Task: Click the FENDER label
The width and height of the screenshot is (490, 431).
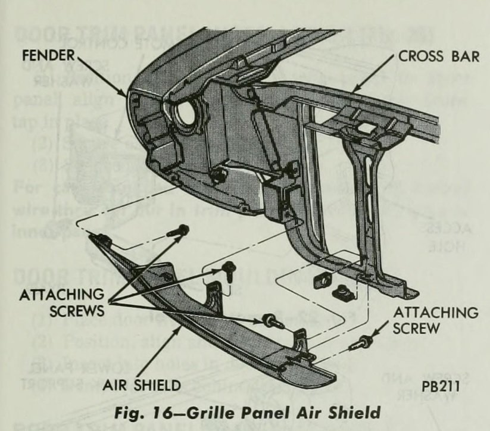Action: [49, 56]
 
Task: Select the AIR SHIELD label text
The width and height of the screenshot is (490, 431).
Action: [141, 385]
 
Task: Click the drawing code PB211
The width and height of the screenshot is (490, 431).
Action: [441, 385]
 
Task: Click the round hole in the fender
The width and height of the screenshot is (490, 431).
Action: [187, 113]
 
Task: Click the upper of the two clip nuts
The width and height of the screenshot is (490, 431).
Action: [322, 279]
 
